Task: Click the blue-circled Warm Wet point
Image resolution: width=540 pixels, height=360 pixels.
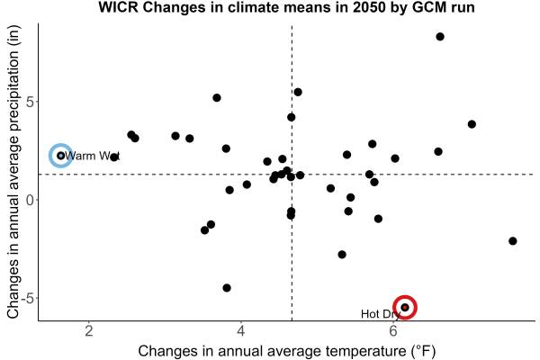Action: click(x=61, y=156)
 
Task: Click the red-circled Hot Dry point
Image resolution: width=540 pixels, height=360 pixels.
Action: click(x=405, y=307)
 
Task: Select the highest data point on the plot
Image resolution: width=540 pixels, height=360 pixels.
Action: click(x=440, y=37)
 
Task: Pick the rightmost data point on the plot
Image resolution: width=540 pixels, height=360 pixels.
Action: click(x=512, y=241)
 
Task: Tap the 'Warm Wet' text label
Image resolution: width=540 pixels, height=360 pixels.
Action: click(x=92, y=156)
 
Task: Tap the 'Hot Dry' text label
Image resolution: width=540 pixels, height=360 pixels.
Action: click(x=381, y=314)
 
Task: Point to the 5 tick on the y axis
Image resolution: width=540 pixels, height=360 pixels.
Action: click(x=30, y=102)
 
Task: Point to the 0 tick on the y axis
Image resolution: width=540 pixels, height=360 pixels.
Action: click(x=30, y=200)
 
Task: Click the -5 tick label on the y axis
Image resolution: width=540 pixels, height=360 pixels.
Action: click(x=27, y=298)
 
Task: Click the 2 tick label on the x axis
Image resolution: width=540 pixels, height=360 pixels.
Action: click(x=89, y=331)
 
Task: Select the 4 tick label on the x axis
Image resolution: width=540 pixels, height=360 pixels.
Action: click(x=241, y=331)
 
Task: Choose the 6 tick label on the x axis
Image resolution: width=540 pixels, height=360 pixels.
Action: click(x=393, y=331)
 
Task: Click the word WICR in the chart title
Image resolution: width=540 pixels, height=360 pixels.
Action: click(x=118, y=7)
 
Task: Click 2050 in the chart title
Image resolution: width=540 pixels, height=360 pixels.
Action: click(x=368, y=7)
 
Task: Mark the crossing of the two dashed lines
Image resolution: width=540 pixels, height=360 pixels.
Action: click(x=292, y=175)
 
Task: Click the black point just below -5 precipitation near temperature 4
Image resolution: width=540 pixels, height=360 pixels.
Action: click(x=227, y=288)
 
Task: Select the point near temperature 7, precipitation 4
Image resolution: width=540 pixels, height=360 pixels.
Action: click(x=472, y=124)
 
